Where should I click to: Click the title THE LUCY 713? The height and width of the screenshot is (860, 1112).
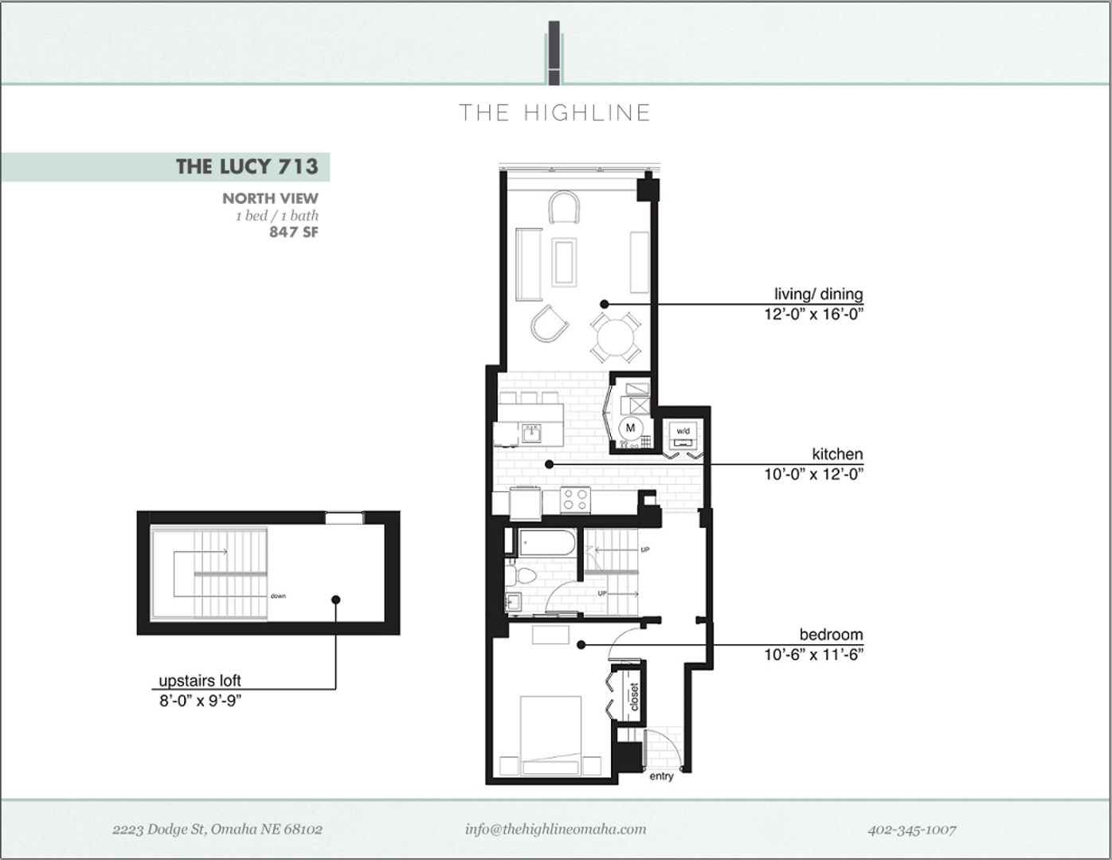click(247, 166)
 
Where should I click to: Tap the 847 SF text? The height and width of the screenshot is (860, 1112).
click(293, 232)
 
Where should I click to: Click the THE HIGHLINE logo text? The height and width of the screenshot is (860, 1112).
click(555, 113)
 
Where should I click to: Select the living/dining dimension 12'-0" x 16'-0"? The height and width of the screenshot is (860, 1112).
click(813, 314)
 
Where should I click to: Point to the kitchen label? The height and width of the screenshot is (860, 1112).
click(837, 454)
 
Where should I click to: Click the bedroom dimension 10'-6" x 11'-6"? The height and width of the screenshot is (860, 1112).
click(813, 655)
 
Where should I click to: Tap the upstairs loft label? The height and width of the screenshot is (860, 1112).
click(199, 681)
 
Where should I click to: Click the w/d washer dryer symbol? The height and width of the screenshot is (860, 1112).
click(683, 434)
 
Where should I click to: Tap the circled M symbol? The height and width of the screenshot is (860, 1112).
click(631, 428)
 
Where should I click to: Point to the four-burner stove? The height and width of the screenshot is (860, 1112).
click(575, 500)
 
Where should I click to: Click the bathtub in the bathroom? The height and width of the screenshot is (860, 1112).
click(547, 543)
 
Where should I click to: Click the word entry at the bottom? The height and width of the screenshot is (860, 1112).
click(661, 776)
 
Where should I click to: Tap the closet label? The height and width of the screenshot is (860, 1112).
click(634, 696)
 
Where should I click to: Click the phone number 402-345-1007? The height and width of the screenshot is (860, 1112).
click(911, 829)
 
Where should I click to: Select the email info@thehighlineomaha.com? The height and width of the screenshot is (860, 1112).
click(555, 829)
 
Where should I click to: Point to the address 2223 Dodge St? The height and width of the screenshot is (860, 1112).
click(217, 829)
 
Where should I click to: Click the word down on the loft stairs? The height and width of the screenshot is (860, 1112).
click(278, 596)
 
